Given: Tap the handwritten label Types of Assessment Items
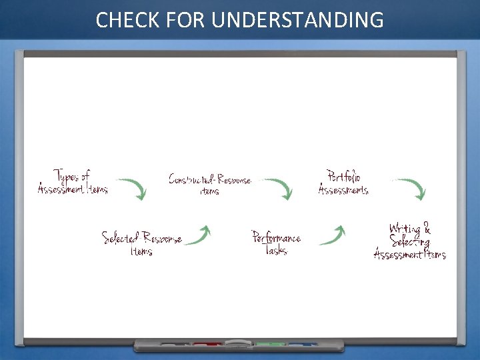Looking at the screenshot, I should [72, 182].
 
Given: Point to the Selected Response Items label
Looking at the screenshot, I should [141, 243].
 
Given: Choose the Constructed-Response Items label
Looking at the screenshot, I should [209, 184].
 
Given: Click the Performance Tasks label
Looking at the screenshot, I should [275, 243].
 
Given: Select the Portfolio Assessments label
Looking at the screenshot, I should [343, 183].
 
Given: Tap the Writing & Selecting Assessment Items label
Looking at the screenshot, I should [409, 241].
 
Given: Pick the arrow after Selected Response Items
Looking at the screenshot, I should [199, 235].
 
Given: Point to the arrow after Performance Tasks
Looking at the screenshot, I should [333, 235].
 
